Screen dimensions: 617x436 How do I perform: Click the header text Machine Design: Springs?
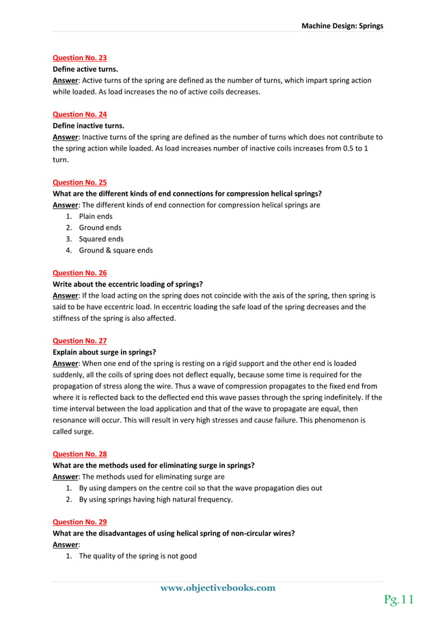coord(342,26)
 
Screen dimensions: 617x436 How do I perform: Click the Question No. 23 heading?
coord(79,58)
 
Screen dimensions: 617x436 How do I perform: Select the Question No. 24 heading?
coord(79,114)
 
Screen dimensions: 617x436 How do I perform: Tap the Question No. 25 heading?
coord(79,182)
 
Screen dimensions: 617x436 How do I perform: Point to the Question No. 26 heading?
coord(79,272)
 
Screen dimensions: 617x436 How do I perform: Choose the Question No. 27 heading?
coord(79,340)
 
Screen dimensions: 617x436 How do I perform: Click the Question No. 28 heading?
coord(79,454)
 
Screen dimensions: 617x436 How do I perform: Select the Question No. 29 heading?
coord(79,521)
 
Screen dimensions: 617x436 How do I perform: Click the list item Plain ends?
coord(96,216)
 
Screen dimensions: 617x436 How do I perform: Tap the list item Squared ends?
coord(101,239)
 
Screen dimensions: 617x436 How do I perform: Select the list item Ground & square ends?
coord(115,250)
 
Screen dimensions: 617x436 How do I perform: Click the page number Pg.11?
coord(398,600)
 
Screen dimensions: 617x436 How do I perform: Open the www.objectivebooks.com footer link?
coord(218,588)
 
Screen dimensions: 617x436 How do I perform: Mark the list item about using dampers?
coord(200,488)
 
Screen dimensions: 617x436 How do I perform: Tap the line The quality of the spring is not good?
coord(137,556)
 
